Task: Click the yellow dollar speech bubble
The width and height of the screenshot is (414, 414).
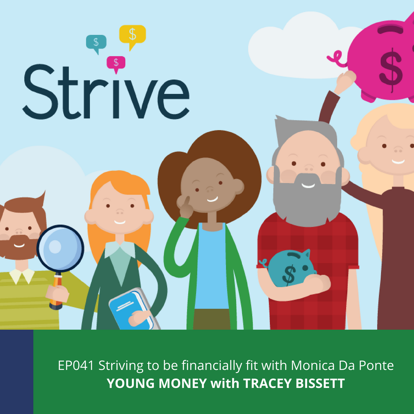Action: pos(132,35)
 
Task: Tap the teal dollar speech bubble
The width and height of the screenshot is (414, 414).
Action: pos(96,43)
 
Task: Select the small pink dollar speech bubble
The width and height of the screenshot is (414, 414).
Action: pos(116,63)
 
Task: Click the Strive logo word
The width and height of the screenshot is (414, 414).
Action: pos(106,92)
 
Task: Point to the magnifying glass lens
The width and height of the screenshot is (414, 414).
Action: pos(60,248)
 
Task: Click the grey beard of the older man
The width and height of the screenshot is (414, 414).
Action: pos(307,198)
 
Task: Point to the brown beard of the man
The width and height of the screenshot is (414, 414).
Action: pos(18,247)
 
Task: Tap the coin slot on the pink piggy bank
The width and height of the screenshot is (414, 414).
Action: pos(390,29)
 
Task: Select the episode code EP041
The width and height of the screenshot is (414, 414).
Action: pos(76,366)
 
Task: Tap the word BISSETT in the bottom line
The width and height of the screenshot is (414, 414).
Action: pos(320,383)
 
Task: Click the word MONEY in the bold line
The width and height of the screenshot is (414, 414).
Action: pos(183,383)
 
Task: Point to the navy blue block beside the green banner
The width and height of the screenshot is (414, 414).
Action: pos(16,372)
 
